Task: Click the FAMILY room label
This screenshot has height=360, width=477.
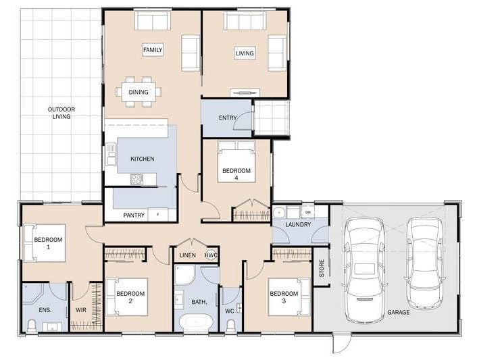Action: (153, 50)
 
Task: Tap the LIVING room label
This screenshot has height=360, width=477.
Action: (245, 53)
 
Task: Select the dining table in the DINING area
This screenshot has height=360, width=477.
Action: (139, 92)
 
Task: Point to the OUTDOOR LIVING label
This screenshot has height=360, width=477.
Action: (61, 113)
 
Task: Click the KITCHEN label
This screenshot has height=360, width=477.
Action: (143, 159)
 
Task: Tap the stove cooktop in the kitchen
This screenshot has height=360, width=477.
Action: (136, 179)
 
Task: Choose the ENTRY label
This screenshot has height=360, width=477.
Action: (228, 118)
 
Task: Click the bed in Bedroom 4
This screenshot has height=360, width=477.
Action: (236, 161)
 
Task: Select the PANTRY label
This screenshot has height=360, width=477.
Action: (134, 215)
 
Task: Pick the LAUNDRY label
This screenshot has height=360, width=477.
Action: (298, 224)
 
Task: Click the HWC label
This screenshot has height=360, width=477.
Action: (211, 255)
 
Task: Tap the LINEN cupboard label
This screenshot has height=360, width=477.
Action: (187, 255)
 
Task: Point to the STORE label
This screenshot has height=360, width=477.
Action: (322, 268)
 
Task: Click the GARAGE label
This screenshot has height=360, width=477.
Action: (398, 312)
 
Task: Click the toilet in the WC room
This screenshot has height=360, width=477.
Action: (231, 326)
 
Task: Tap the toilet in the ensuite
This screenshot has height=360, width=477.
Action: (32, 326)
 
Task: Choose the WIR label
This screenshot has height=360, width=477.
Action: (81, 310)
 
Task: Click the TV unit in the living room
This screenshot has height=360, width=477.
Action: (245, 93)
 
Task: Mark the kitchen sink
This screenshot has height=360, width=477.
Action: (111, 154)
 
